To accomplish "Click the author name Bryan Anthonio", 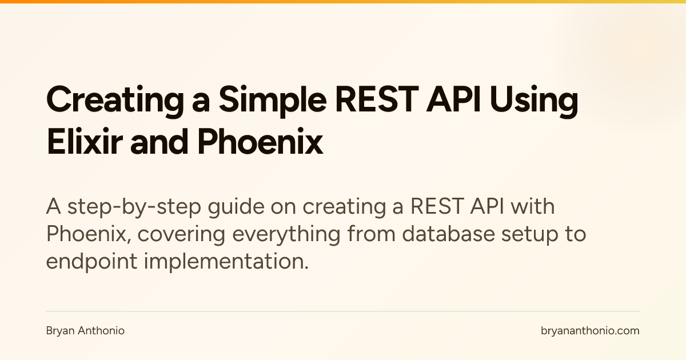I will tap(85, 331).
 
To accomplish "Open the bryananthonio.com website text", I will tap(590, 331).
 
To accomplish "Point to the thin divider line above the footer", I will tap(343, 311).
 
